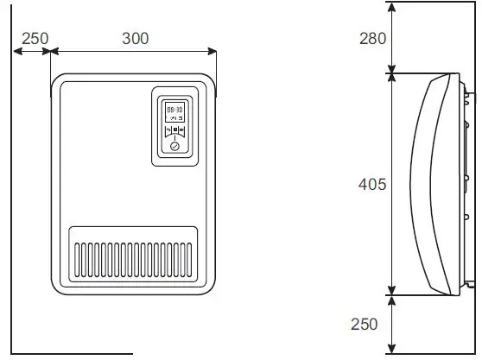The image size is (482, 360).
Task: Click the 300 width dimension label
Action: [134, 38]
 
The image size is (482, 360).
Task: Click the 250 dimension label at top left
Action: [35, 38]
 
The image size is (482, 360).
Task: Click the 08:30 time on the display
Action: [174, 110]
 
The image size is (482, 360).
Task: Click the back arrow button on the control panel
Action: [168, 132]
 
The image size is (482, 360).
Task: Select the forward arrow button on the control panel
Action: [182, 132]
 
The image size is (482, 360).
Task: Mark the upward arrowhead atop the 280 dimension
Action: [393, 7]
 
